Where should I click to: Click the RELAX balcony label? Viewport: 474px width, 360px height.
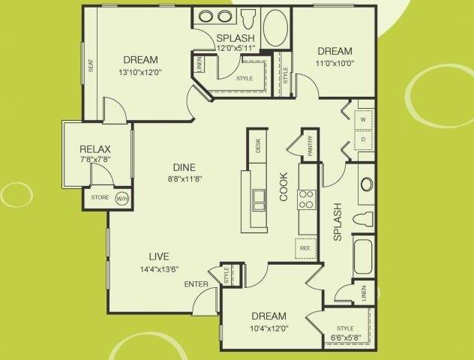click(x=95, y=148)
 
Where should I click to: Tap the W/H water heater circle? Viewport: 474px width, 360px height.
click(x=121, y=199)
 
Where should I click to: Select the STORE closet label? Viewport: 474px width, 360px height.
click(x=100, y=198)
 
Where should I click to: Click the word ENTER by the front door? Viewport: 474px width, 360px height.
click(x=196, y=283)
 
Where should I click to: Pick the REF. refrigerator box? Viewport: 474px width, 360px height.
click(x=305, y=247)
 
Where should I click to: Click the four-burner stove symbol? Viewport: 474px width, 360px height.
click(x=306, y=199)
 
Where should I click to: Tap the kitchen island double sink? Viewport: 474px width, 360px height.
click(x=259, y=199)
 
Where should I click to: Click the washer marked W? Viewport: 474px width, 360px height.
click(x=363, y=119)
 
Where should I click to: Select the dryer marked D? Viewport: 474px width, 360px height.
click(x=363, y=139)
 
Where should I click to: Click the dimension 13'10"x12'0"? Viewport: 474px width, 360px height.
click(x=140, y=73)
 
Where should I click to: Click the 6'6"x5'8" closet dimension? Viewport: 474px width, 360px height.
click(x=345, y=337)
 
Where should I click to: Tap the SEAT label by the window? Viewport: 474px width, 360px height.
click(x=91, y=67)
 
